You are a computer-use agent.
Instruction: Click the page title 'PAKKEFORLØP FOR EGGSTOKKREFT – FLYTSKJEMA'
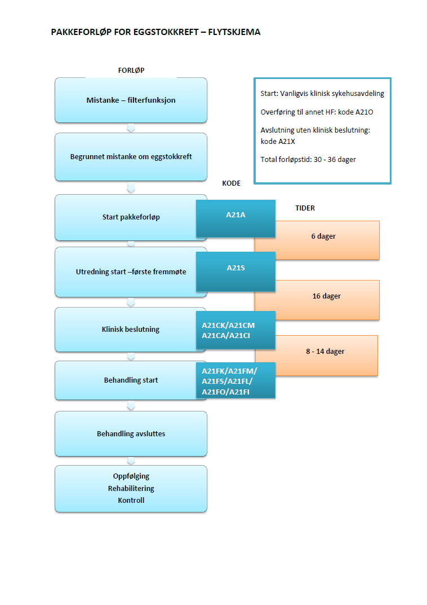[155, 32]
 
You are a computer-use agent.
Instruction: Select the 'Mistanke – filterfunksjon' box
[131, 100]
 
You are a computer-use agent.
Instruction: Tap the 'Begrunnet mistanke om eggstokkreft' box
[131, 157]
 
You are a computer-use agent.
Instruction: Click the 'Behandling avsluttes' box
[131, 434]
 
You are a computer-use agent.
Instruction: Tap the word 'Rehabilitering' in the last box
[131, 488]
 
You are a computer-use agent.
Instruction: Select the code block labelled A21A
[235, 216]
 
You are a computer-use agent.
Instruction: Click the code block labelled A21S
[235, 268]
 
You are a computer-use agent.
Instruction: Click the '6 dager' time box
[323, 237]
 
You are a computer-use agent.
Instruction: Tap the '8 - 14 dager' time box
[325, 352]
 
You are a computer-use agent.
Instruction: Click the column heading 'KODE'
[232, 183]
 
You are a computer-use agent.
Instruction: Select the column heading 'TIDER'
[305, 208]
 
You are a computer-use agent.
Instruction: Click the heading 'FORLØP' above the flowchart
[131, 71]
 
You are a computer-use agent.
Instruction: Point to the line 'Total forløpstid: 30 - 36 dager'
[308, 160]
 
